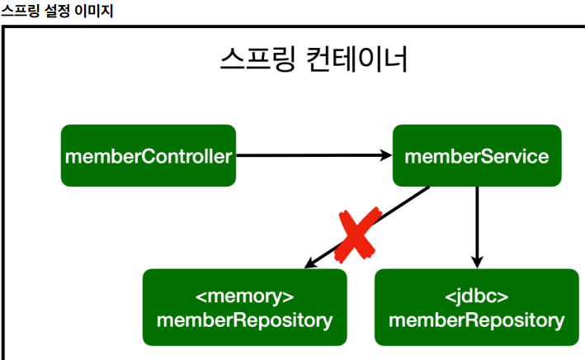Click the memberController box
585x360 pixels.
coord(149,155)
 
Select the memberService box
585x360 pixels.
coord(476,155)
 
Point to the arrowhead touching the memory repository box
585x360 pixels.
coord(309,263)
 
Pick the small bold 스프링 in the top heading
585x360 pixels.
coord(18,11)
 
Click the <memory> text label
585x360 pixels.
coord(244,296)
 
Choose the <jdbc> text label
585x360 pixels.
coord(476,296)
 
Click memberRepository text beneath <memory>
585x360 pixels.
coord(244,320)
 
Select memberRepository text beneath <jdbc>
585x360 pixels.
coord(476,320)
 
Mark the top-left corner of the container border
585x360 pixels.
coord(4,27)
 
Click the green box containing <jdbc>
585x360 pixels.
coord(476,307)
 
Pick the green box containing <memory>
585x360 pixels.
coord(244,307)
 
